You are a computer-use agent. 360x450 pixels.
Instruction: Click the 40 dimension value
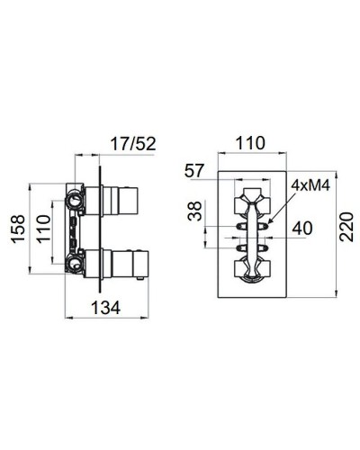(x=301, y=229)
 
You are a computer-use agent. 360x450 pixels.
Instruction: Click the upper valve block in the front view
(x=251, y=201)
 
